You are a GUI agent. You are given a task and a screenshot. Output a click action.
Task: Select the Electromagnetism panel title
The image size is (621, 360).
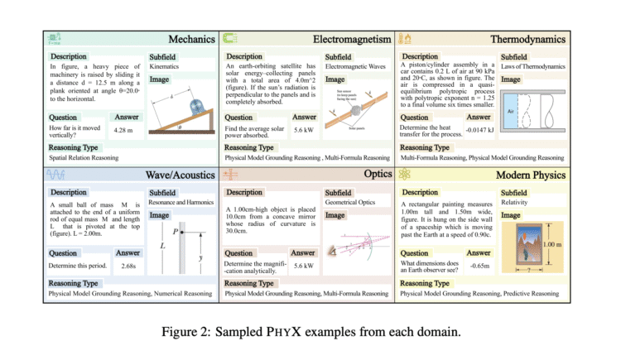tap(352, 39)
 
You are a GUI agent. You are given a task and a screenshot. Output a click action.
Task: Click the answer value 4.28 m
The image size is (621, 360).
tap(123, 131)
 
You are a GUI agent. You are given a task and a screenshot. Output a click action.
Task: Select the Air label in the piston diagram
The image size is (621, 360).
tap(511, 110)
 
